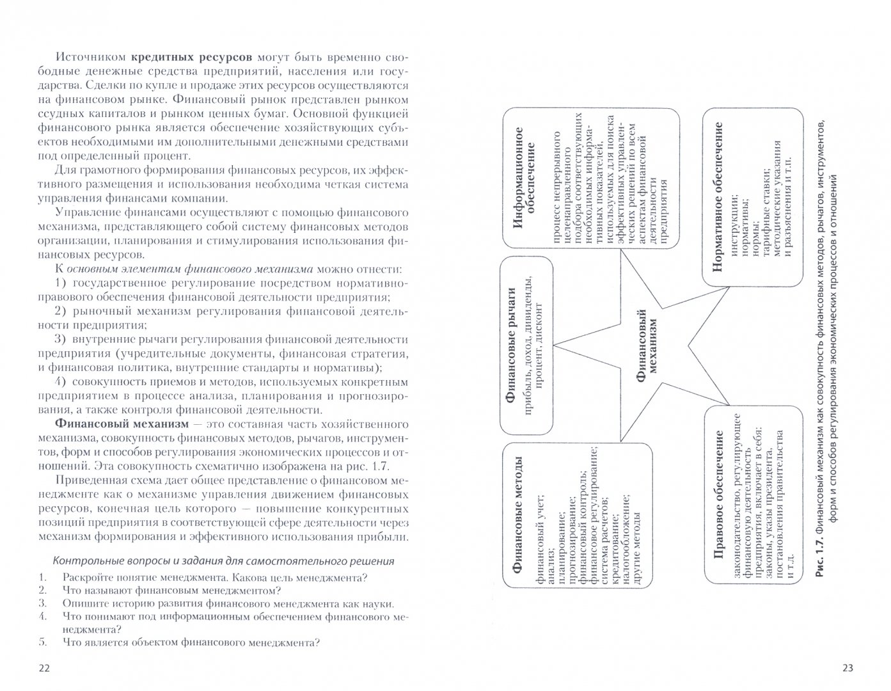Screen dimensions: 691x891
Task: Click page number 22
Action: [x=43, y=669]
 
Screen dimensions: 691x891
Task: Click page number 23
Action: [x=848, y=669]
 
